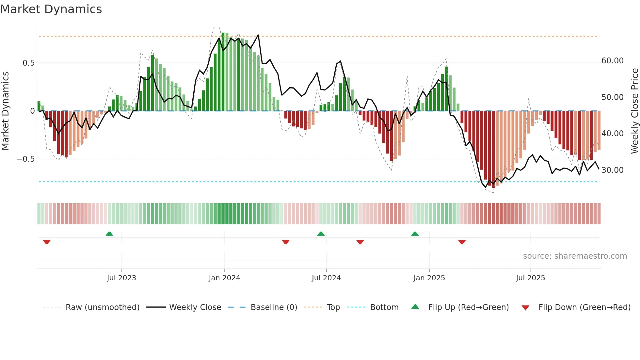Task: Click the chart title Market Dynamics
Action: click(x=51, y=9)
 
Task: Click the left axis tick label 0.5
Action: click(x=29, y=63)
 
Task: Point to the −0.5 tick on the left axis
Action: click(x=26, y=159)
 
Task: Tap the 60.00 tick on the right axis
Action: click(x=612, y=61)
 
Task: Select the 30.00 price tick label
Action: click(x=612, y=170)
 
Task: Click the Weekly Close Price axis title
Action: click(x=634, y=111)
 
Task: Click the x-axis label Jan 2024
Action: click(x=224, y=278)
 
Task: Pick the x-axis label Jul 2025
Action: click(x=530, y=278)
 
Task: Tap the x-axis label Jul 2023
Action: click(x=121, y=278)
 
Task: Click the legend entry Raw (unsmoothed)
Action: click(x=102, y=307)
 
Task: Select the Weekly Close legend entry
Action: click(x=195, y=307)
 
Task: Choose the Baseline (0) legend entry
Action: click(x=274, y=307)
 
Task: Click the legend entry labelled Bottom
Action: click(x=384, y=307)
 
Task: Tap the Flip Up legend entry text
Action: click(x=468, y=307)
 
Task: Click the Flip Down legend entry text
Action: click(x=584, y=307)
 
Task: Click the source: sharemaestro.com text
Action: click(x=575, y=256)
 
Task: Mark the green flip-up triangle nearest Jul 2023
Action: click(x=109, y=234)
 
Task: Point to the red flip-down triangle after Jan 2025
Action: click(x=462, y=242)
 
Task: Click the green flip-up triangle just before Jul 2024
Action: click(x=321, y=234)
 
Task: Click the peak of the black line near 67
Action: click(x=258, y=35)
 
